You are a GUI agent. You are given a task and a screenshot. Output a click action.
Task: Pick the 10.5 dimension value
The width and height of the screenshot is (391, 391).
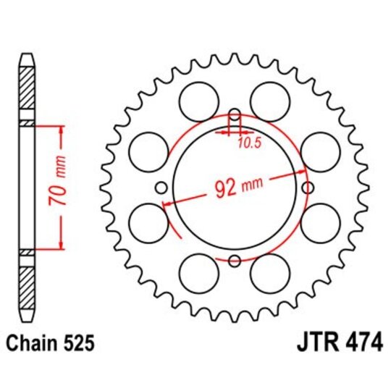[x=249, y=143]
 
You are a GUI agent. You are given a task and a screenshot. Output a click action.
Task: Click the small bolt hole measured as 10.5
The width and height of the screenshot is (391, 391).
[x=235, y=115]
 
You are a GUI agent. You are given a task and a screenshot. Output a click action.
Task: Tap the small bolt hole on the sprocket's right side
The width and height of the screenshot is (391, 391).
[x=308, y=188]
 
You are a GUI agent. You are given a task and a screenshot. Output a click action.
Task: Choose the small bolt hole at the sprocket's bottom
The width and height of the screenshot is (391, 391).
[x=235, y=261]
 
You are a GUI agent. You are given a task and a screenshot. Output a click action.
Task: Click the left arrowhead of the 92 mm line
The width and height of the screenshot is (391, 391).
[x=167, y=204]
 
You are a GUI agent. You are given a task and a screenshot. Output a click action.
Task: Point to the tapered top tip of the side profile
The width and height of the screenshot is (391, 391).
[x=26, y=58]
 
